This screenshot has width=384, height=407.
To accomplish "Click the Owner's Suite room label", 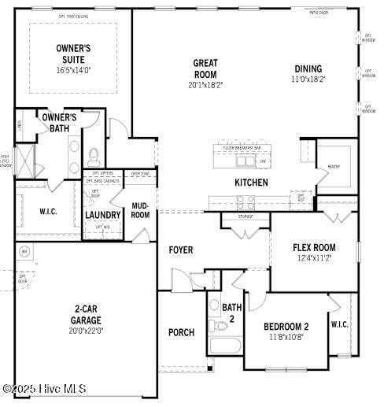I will [73, 54].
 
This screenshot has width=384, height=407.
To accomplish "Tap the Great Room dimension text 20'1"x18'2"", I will [205, 85].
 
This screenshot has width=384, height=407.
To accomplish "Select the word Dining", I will [308, 68].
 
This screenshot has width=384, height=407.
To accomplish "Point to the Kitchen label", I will [251, 183].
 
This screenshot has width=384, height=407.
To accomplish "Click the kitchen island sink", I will [246, 161].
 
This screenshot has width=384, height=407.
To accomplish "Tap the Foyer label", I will [181, 250].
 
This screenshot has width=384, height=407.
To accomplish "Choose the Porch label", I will [181, 332].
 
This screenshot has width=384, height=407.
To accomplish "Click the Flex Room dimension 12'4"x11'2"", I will [314, 258].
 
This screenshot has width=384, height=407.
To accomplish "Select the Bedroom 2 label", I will [286, 327].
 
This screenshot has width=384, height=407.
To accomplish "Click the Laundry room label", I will [103, 215].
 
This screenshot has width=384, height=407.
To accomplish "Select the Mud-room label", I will [140, 210].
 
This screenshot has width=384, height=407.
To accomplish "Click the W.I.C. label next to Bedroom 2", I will [340, 324].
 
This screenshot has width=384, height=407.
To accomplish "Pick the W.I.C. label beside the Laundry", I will [49, 211].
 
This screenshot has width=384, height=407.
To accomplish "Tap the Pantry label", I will [334, 167].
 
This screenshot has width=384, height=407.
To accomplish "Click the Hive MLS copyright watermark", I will [44, 388].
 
